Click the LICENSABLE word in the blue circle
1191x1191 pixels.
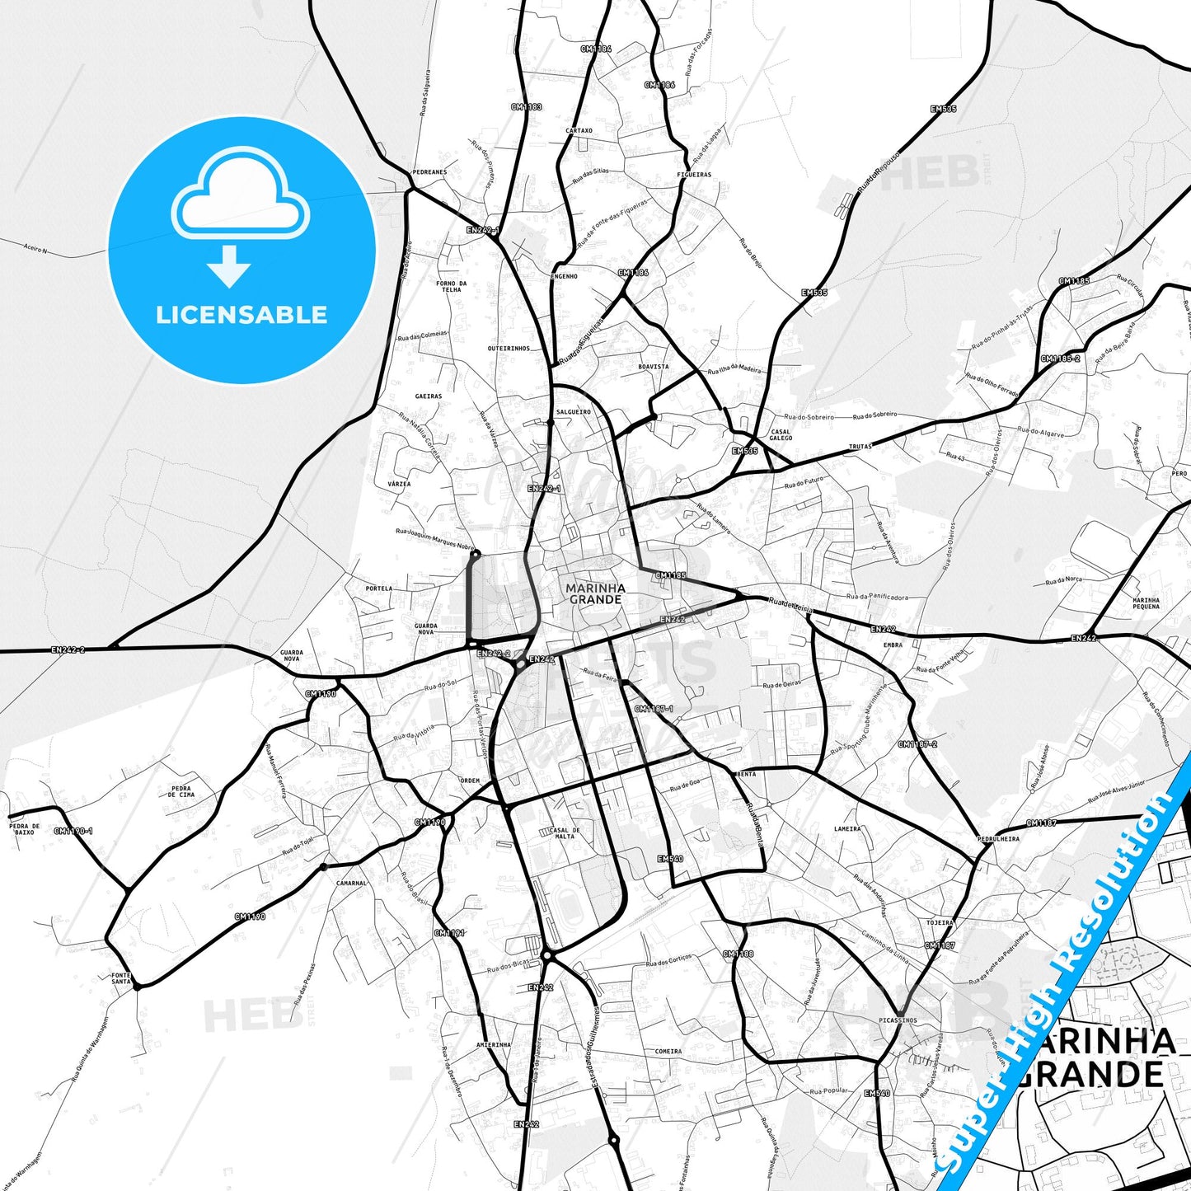[241, 315]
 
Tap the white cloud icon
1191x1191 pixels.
[241, 195]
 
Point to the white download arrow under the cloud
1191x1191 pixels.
[229, 265]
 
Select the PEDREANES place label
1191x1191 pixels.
[429, 172]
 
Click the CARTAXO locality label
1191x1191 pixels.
[579, 130]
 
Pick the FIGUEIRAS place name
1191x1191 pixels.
[694, 175]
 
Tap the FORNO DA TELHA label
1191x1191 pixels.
[451, 287]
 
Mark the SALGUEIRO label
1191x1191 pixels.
[573, 411]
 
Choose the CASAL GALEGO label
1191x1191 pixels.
[780, 434]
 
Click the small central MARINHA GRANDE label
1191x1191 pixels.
[595, 593]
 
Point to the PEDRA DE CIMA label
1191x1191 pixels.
[181, 791]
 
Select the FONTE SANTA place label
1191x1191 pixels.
[121, 978]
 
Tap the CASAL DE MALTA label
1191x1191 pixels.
[565, 833]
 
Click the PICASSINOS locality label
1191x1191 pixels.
[898, 1020]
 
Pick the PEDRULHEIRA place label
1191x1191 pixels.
[997, 839]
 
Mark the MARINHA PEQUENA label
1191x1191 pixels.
[1146, 603]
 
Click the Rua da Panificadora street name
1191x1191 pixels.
[877, 596]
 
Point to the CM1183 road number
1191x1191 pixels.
[526, 106]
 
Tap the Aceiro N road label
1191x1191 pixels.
[36, 248]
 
